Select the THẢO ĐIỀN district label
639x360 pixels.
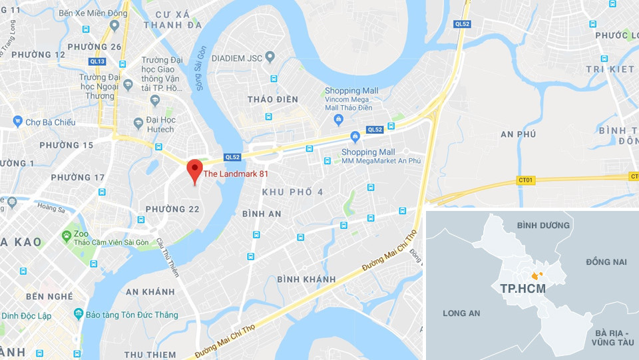coord(272,99)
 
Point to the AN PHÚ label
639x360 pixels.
coord(519,134)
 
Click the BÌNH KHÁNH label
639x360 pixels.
coord(306,278)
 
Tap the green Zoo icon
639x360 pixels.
coord(66,236)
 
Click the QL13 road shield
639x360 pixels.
coord(97,61)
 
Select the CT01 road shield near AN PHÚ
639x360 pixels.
coord(525,180)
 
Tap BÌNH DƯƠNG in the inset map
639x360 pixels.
coord(543,225)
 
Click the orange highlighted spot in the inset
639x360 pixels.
coord(536,275)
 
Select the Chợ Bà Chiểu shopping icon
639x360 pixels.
coord(18,121)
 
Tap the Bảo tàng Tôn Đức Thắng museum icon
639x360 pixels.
coord(79,313)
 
